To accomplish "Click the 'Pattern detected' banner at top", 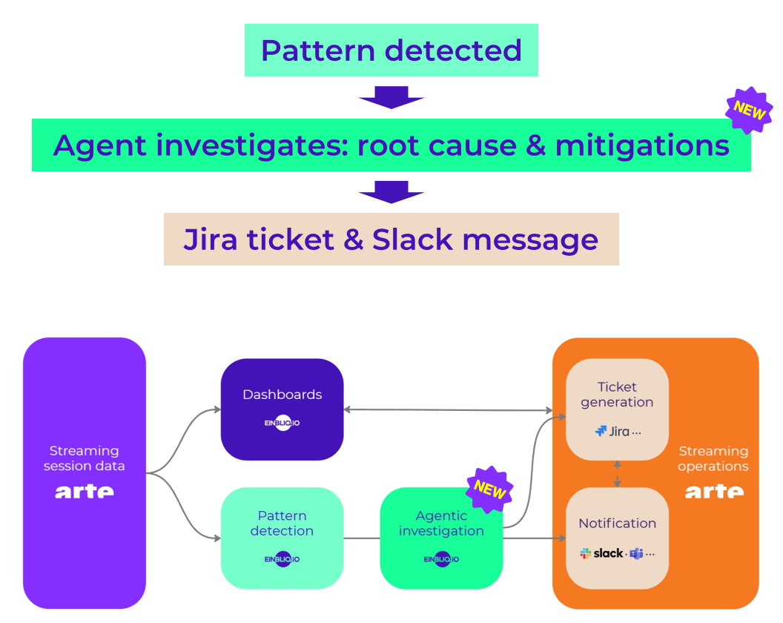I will pos(391,50).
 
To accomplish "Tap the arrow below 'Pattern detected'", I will pos(391,97).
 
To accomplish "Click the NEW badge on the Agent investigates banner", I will pos(749,109).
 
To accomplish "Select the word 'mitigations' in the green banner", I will pos(642,145).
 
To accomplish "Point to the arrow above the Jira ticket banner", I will pos(391,191).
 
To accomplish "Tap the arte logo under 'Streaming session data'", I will pos(85,491).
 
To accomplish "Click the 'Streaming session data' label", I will pos(84,458).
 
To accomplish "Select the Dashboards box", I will pos(282,409).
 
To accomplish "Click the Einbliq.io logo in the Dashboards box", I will pos(282,423).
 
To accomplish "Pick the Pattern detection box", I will pos(282,538).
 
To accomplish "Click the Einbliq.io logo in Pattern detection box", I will pos(282,559).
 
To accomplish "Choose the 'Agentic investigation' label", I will pos(441,523).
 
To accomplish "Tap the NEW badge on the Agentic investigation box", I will pos(489,489).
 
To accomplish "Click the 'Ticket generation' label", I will pos(617,395).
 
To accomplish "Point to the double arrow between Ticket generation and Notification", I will pos(617,473).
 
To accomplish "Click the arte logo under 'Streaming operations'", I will pos(713,491).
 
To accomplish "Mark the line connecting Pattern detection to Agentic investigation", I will pos(362,538).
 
